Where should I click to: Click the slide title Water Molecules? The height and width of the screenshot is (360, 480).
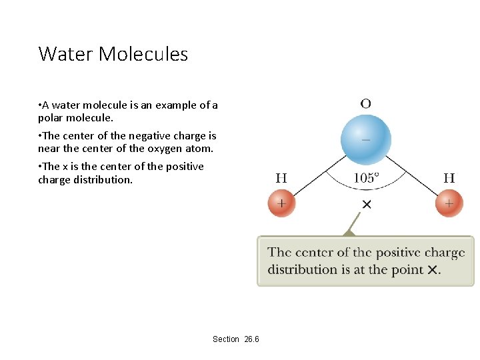coord(113,54)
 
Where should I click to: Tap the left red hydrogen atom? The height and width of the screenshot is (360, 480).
coord(281,203)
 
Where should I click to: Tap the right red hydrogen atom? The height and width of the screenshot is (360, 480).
coord(449,203)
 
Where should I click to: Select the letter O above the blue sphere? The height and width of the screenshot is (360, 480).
coord(365,103)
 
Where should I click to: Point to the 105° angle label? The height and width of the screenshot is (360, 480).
coord(365,178)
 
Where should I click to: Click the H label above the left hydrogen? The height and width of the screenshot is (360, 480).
coord(281,178)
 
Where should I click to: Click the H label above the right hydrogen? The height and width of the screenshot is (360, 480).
coord(449,178)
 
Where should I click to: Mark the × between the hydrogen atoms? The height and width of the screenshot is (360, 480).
coord(366,204)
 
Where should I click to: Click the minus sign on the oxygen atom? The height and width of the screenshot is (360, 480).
coord(366,139)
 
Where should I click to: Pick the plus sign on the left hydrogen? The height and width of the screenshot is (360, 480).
coord(281,203)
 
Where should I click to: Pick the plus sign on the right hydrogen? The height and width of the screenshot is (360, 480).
coord(449,203)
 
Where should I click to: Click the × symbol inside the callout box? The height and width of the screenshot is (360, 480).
coord(432,270)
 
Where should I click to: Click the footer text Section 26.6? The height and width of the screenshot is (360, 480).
coord(236,339)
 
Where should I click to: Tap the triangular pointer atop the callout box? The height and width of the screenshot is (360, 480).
coord(348,232)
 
